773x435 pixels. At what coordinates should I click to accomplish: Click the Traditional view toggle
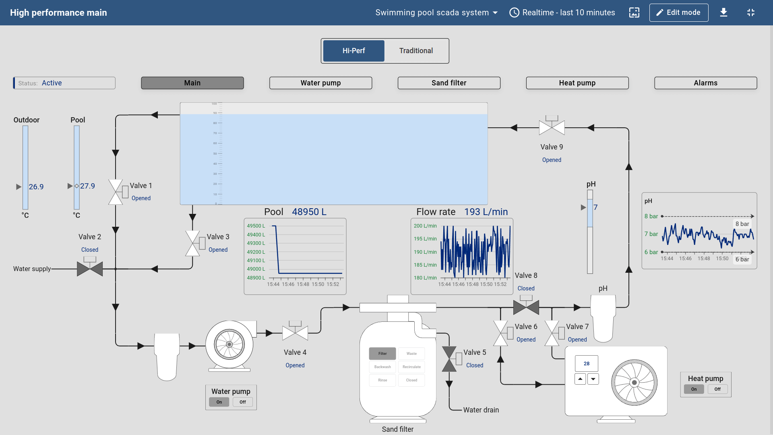416,51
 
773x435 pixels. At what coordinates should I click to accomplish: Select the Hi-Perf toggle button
353,51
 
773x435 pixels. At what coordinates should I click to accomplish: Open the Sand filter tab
449,83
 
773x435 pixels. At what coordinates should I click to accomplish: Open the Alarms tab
705,83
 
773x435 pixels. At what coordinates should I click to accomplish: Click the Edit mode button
679,12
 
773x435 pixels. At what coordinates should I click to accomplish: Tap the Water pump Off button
243,402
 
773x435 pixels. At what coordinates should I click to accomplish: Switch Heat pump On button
694,389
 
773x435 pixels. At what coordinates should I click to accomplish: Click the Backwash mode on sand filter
382,367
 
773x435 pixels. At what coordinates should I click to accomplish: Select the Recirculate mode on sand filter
411,367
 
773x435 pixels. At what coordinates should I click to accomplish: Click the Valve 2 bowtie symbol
90,268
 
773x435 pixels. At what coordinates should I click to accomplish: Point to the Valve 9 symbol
552,127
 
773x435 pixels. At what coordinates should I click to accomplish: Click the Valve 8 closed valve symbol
526,307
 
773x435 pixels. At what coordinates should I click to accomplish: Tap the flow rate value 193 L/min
486,212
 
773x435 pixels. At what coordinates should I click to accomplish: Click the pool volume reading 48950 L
309,212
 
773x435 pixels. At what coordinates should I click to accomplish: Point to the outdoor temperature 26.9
36,187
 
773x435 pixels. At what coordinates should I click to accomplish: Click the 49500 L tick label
256,226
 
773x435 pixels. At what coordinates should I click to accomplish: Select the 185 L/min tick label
425,265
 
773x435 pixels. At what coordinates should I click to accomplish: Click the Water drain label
481,410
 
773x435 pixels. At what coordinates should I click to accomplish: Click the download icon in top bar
723,12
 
